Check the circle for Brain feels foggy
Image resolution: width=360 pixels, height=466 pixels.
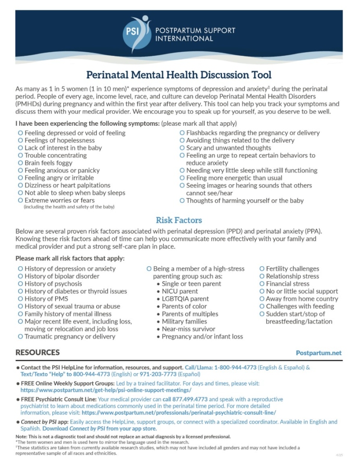click(x=20, y=163)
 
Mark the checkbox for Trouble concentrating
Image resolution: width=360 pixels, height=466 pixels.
click(x=20, y=155)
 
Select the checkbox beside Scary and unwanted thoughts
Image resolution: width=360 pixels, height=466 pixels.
click(x=182, y=148)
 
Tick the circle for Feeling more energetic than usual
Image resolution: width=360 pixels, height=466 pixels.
click(x=182, y=178)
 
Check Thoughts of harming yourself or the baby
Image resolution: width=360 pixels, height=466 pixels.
click(x=182, y=201)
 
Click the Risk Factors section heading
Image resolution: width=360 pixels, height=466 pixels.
click(x=179, y=220)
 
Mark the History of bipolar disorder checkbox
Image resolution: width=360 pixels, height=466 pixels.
click(x=20, y=276)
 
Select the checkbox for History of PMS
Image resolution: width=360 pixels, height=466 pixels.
click(x=20, y=299)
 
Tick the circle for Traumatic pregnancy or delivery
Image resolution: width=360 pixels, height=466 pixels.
click(x=20, y=337)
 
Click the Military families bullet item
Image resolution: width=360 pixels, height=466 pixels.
click(x=184, y=322)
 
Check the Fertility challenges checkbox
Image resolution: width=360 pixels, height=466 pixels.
click(x=262, y=269)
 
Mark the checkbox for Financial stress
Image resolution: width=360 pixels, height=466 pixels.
click(x=262, y=284)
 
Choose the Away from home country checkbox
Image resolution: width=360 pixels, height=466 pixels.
click(x=262, y=299)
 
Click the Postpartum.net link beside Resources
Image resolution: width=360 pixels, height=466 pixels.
click(x=318, y=353)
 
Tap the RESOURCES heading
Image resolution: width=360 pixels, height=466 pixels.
click(x=37, y=352)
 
